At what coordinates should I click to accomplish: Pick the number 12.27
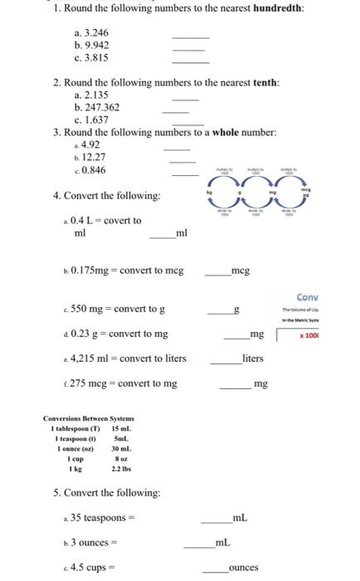[x=94, y=158]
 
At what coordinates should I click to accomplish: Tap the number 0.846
[x=94, y=170]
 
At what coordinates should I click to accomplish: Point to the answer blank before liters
[x=225, y=360]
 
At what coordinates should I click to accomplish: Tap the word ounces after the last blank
[x=244, y=568]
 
